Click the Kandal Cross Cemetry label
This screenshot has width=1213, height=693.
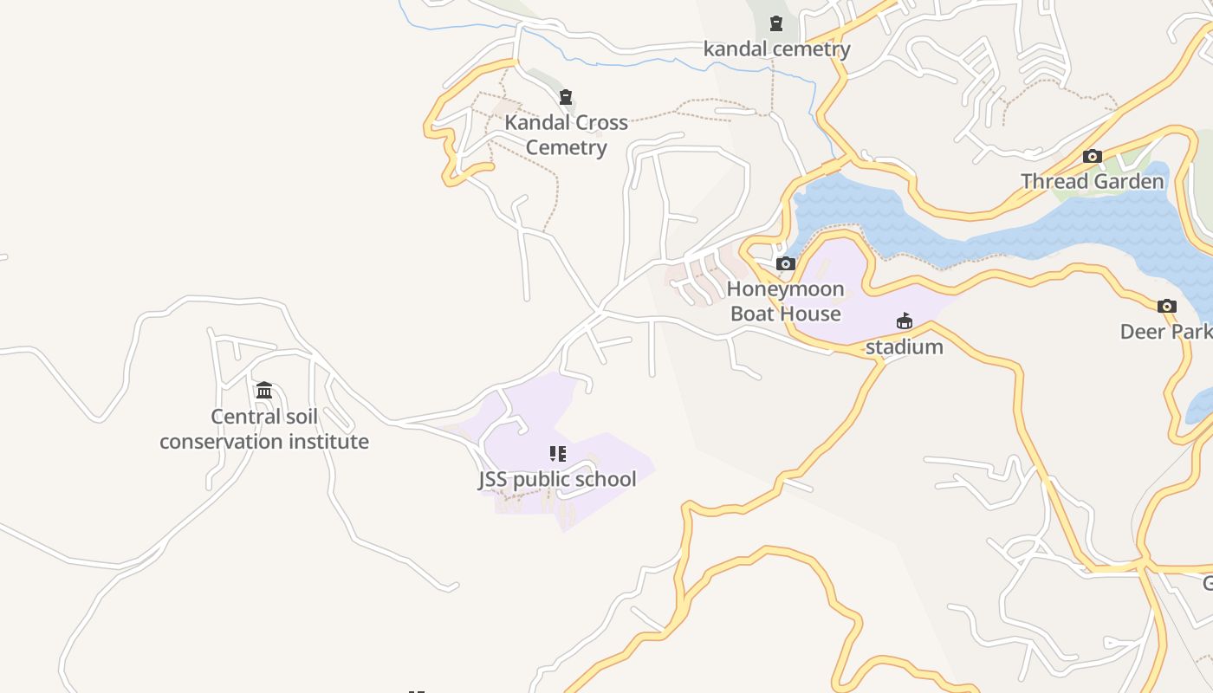point(566,135)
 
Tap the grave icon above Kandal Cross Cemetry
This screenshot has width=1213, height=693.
point(566,97)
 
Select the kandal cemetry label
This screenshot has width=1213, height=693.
point(776,49)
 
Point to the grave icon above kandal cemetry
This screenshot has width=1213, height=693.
point(776,23)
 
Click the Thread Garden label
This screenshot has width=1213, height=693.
point(1092,182)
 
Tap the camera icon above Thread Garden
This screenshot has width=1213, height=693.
point(1093,157)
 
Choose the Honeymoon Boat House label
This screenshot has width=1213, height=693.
point(785,301)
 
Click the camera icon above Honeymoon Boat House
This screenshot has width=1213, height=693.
point(786,264)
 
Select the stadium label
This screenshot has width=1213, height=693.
point(905,347)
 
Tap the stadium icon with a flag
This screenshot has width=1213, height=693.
point(905,321)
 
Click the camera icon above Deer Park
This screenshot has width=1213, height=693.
point(1167,307)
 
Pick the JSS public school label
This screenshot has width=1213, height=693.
point(557,480)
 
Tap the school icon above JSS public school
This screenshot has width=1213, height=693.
point(558,454)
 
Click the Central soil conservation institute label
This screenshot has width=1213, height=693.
point(264,429)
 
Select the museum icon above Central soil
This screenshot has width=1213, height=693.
point(264,391)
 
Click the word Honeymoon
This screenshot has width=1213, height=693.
point(785,289)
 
